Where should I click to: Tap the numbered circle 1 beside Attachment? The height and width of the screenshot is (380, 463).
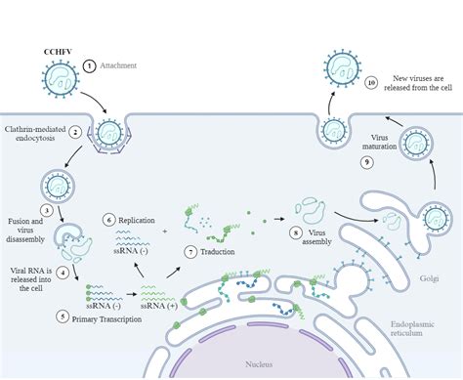pos(90,65)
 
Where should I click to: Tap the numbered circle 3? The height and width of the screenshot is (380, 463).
pos(46,208)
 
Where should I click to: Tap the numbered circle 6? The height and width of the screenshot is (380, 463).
pos(109,221)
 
